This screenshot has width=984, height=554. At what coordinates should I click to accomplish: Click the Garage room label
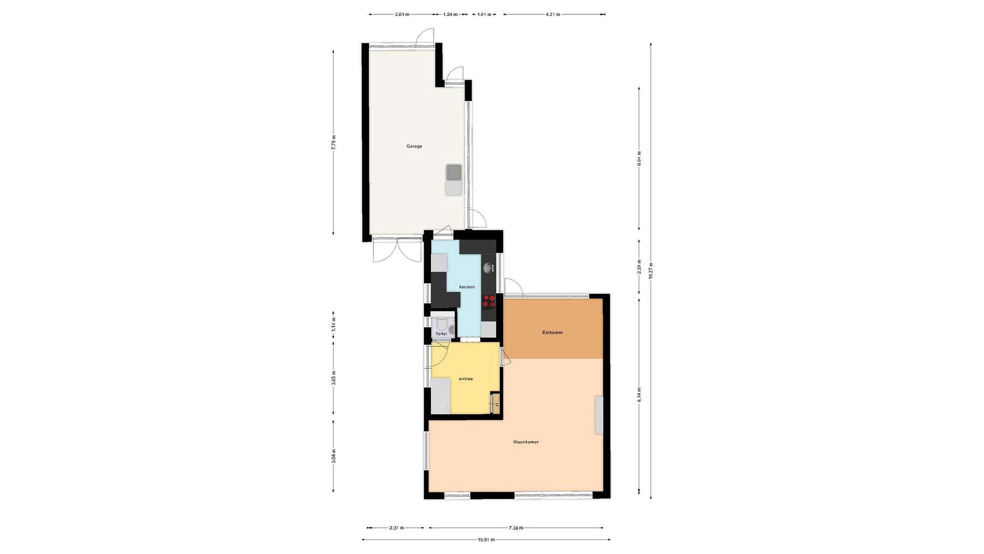(414, 146)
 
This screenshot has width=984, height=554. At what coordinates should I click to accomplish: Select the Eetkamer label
(552, 333)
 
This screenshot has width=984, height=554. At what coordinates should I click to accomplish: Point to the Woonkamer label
(525, 442)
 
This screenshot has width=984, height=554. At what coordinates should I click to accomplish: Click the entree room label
(466, 379)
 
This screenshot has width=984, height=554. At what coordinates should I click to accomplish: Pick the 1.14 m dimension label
(333, 324)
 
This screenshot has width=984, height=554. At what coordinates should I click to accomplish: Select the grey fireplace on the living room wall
(599, 415)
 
